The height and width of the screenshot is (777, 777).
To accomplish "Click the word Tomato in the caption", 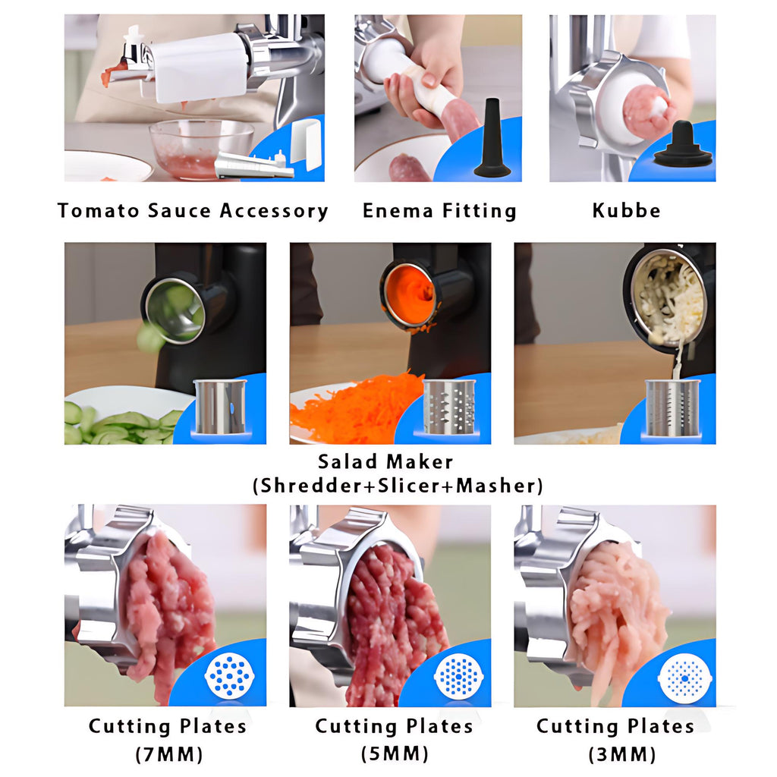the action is coord(99,211).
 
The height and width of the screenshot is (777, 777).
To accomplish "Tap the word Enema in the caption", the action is coord(398,211).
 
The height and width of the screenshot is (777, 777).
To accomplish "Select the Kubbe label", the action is coord(626,211).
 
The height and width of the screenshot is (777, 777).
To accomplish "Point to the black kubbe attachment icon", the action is coord(684,146).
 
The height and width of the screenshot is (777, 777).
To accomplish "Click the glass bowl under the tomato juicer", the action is coord(200,149).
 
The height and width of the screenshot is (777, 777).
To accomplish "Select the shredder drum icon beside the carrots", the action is coord(449,407).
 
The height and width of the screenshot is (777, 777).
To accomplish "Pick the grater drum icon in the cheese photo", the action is coord(672,407).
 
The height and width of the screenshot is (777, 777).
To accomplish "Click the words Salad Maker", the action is coord(385,462).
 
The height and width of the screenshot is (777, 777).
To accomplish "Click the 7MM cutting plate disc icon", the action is coord(229,675).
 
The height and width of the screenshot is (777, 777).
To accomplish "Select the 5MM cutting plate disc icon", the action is coord(458,674).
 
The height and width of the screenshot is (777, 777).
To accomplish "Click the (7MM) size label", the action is coord(169,755).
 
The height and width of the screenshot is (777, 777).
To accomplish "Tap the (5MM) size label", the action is coord(395,754).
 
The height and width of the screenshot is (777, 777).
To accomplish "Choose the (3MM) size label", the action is coord(622,755).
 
